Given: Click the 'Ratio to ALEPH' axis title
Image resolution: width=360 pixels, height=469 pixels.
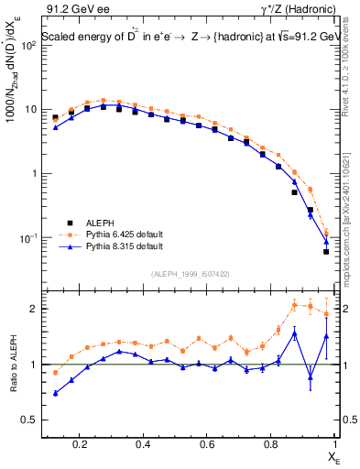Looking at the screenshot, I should click(x=13, y=363).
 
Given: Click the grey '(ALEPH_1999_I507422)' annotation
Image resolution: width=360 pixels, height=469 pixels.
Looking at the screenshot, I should click(x=190, y=273).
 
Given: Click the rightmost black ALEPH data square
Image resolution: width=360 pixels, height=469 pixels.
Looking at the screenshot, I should click(x=326, y=251).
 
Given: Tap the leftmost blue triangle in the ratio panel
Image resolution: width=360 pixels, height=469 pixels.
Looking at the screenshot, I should click(x=55, y=393).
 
